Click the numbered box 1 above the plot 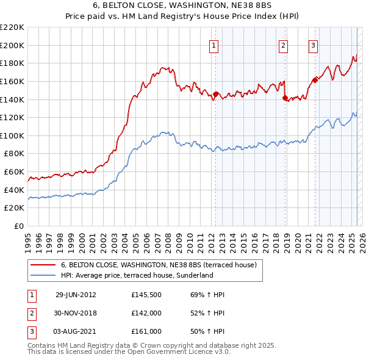(x=215, y=45)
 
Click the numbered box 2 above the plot (x=284, y=45)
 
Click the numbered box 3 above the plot (x=313, y=45)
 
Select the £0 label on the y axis (x=20, y=226)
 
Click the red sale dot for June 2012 (x=215, y=95)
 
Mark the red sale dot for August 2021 (x=315, y=80)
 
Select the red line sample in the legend (x=43, y=265)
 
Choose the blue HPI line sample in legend (x=43, y=276)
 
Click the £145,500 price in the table (x=146, y=295)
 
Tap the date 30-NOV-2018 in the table (x=76, y=313)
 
